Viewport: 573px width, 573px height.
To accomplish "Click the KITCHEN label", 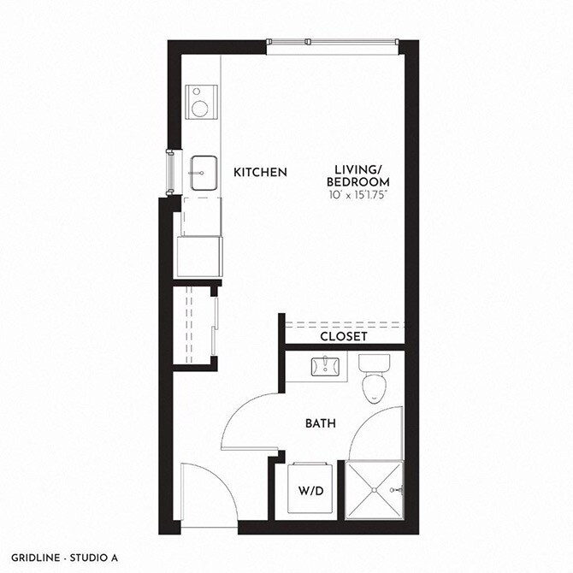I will pos(260,173).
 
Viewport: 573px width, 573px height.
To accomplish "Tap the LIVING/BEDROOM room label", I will pos(362,176).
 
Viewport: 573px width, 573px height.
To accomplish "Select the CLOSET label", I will pos(344,337).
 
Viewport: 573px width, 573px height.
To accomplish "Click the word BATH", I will pos(322,423).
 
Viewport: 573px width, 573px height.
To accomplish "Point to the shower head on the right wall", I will pos(396,490).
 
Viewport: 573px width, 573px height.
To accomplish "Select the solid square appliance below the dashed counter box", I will pos(198,257).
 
